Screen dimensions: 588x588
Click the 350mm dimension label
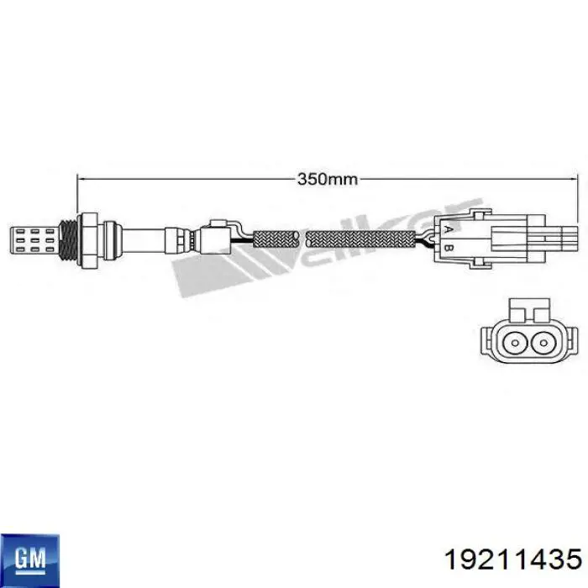click(328, 179)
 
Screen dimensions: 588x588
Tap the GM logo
click(29, 560)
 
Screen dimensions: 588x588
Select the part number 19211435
click(512, 560)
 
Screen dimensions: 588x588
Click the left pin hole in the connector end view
click(514, 343)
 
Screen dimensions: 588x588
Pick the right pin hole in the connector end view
click(543, 343)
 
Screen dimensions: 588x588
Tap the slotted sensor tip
click(34, 240)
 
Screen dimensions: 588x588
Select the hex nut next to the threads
click(87, 240)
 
